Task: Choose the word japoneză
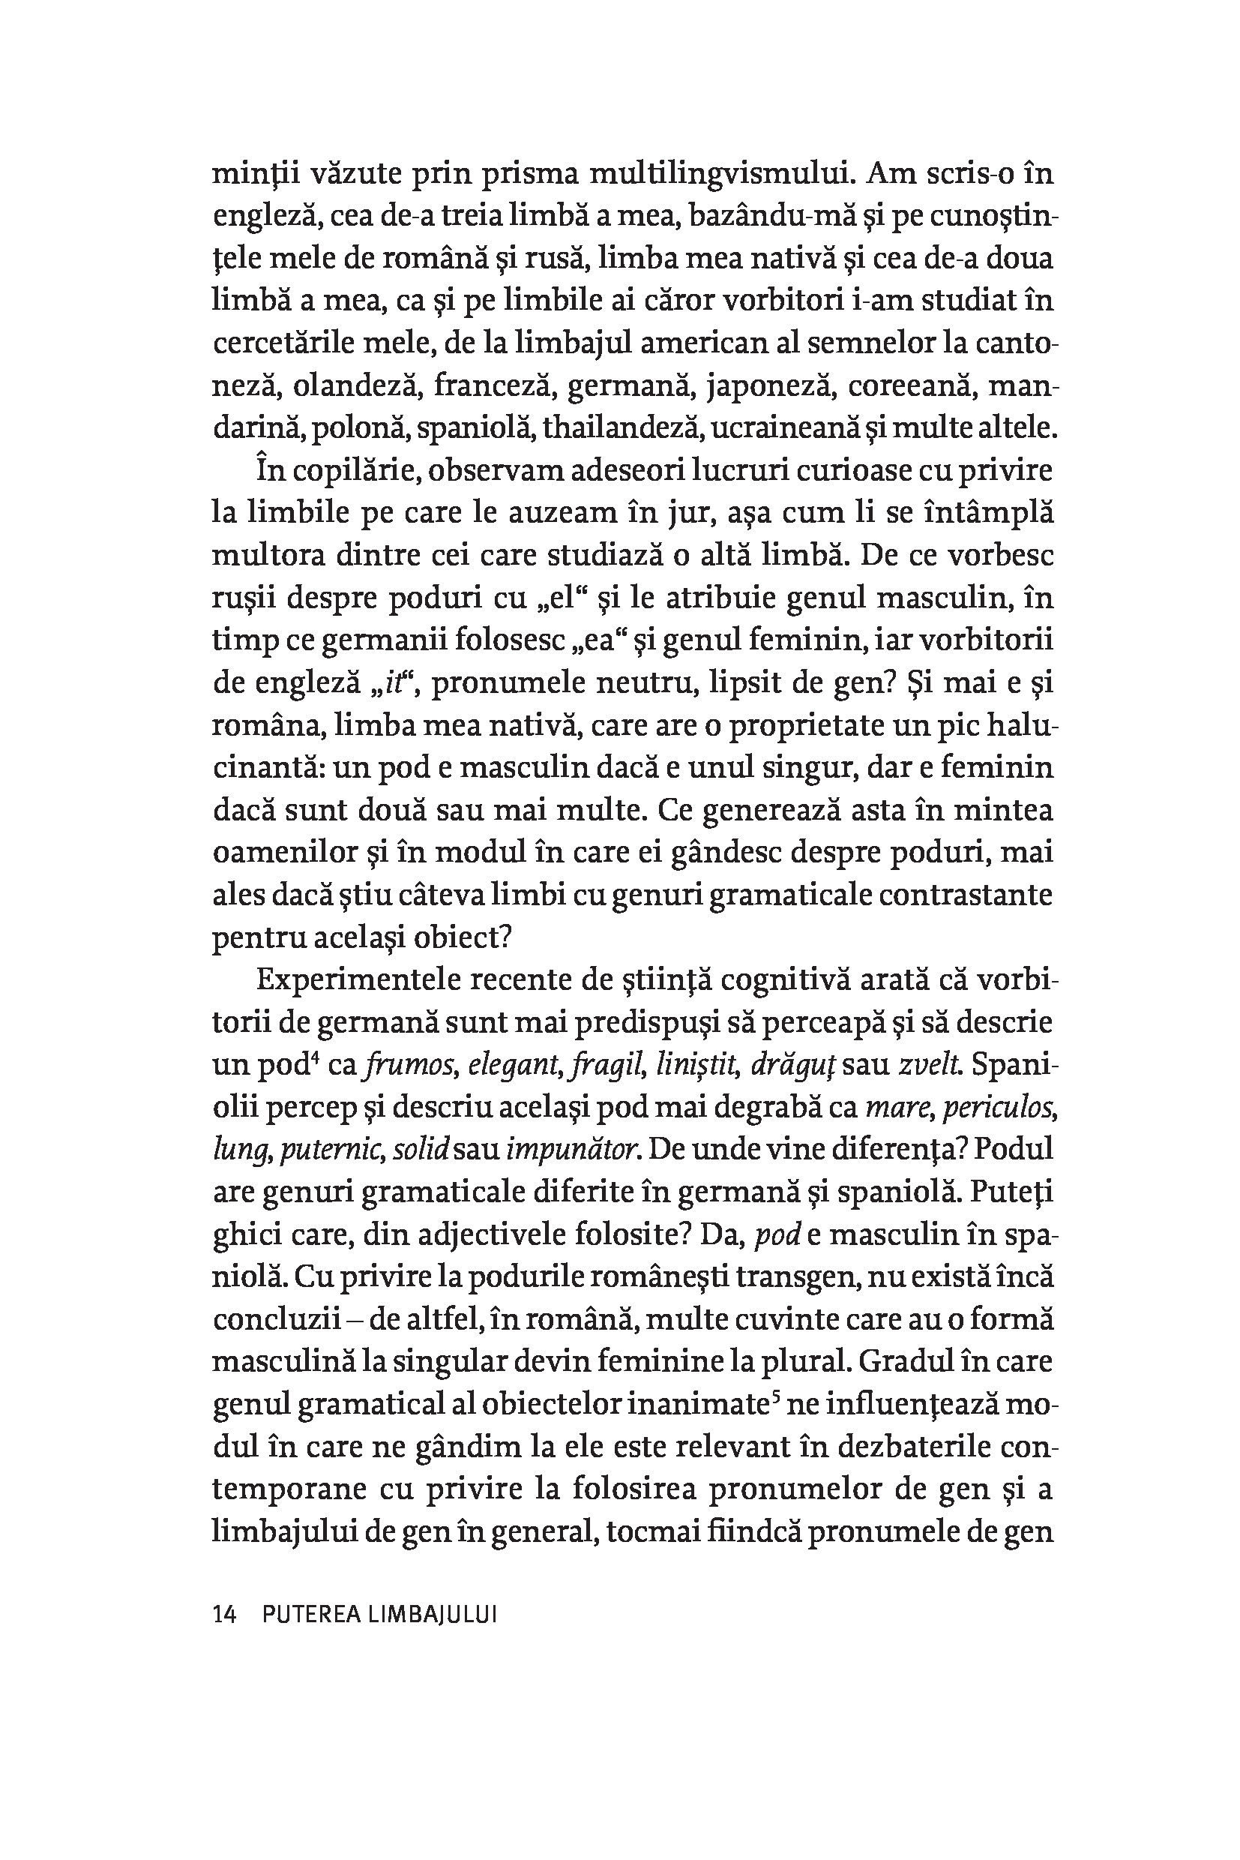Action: [x=770, y=385]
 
